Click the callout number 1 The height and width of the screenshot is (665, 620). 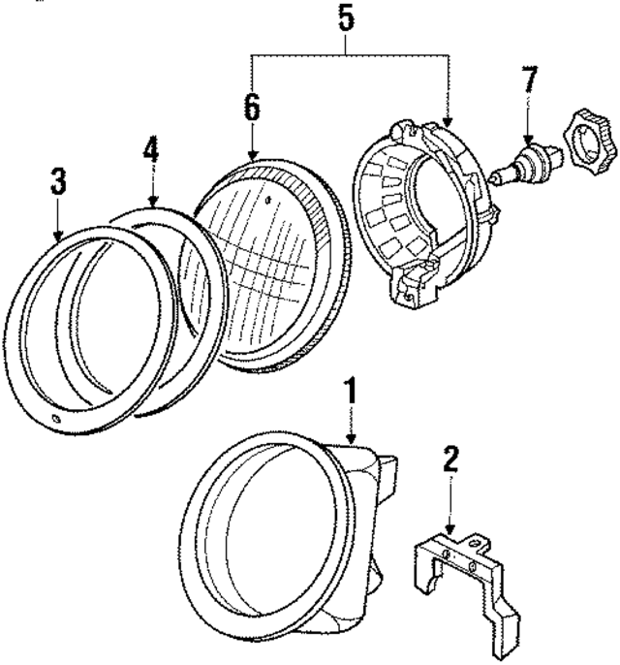(354, 392)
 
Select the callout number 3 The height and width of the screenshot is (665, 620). (58, 181)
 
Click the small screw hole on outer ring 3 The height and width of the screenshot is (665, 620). (54, 420)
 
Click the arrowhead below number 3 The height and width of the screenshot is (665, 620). (58, 236)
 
